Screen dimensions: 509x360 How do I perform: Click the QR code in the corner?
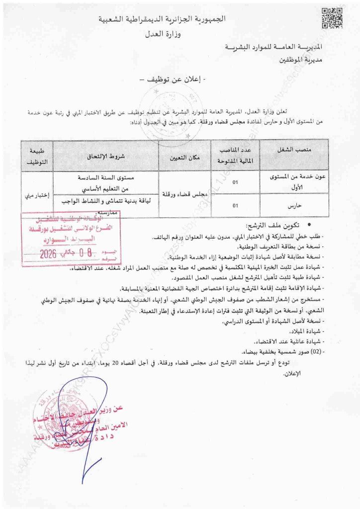[331, 18]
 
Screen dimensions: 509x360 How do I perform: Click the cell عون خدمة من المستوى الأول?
[295, 182]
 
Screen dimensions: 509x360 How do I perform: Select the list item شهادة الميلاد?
[307, 332]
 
